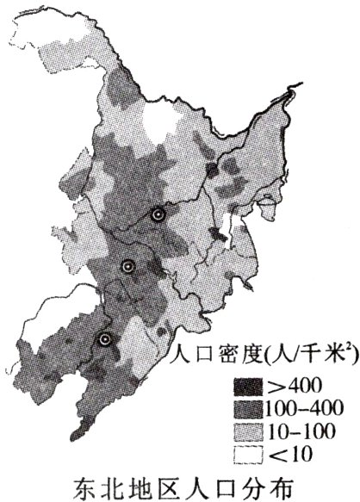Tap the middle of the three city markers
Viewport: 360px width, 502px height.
pos(127,267)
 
